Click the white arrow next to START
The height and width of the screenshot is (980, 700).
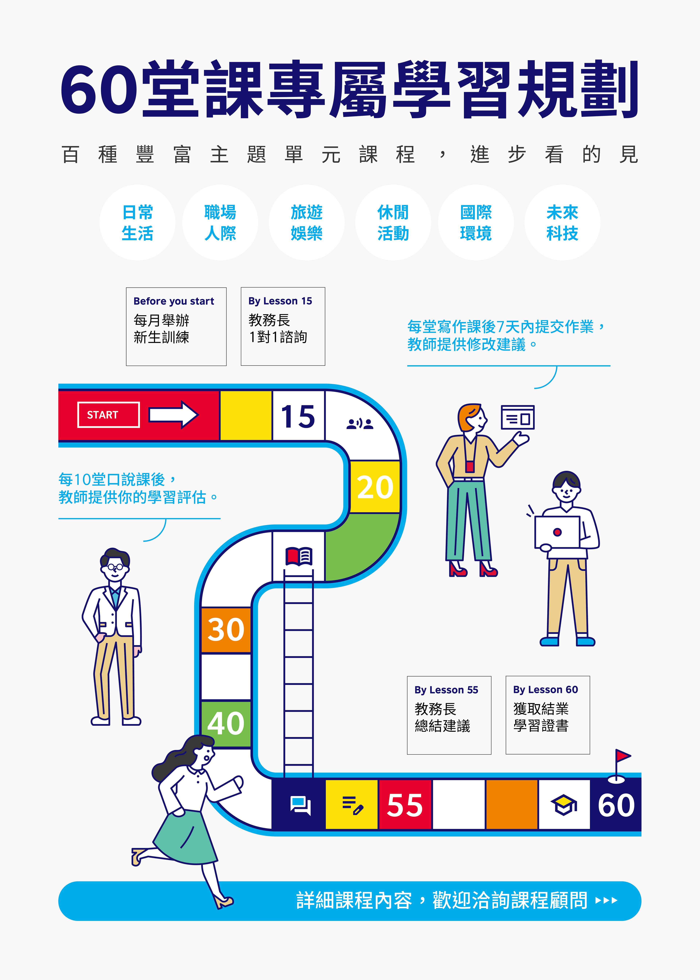[x=173, y=415]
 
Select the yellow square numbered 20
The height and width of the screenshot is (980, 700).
[x=375, y=487]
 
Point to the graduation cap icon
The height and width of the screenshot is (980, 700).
[x=564, y=805]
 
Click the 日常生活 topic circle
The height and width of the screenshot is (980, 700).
[x=137, y=222]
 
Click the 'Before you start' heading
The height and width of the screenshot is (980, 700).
[x=174, y=301]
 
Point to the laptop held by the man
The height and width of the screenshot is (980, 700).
[x=557, y=532]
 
